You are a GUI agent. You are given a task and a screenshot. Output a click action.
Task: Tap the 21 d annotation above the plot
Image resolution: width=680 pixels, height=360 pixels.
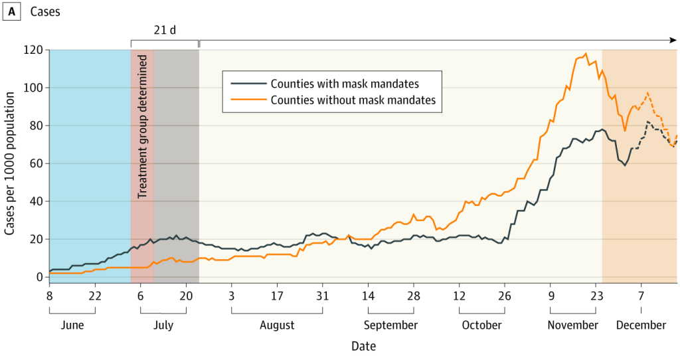coord(165,31)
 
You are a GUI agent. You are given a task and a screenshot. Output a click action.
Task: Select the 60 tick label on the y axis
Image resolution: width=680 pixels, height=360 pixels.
coord(37,163)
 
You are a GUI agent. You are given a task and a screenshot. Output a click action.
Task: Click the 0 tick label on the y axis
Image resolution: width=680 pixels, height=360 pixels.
coord(40,277)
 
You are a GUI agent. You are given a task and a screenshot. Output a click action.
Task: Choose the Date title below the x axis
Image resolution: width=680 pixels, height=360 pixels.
coord(363,346)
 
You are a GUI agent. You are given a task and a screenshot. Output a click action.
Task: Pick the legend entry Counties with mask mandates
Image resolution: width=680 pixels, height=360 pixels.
coord(345,84)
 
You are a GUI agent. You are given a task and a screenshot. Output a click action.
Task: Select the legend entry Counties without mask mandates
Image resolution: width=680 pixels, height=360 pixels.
coord(353,100)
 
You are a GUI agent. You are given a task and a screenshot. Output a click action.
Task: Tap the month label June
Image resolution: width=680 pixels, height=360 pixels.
coord(72,325)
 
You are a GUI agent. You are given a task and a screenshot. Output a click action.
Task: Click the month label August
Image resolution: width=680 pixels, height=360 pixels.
coord(277,325)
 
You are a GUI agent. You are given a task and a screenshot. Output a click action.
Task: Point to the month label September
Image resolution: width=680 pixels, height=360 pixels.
coord(390,325)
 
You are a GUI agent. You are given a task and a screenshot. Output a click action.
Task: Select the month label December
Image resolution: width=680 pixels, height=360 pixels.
coord(641,325)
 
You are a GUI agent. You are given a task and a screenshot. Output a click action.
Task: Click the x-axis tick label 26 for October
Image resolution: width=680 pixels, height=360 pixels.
coord(505,294)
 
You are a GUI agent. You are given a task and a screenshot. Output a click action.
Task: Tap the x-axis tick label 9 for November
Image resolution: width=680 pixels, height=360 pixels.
coord(551,294)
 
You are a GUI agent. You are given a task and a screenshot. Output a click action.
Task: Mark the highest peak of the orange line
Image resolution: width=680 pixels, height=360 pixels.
coord(586,54)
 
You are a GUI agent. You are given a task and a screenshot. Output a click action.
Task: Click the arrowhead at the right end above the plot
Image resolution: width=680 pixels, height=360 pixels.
coord(673,41)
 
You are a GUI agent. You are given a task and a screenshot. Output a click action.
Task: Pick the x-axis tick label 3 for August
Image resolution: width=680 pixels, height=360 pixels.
coord(232,294)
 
